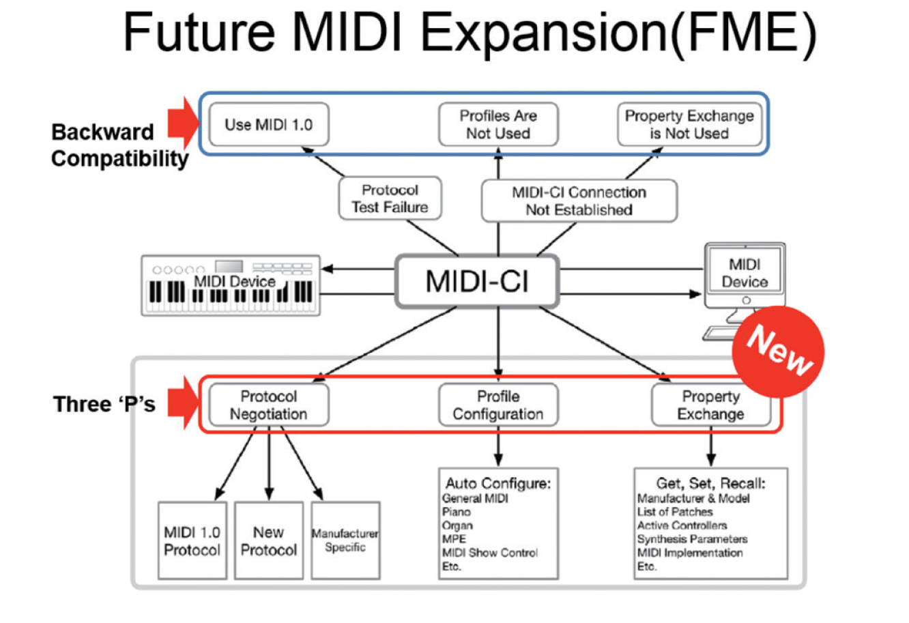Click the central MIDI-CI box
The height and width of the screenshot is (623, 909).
click(477, 281)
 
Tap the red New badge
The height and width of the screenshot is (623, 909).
click(779, 352)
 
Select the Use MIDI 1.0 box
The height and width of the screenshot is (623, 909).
click(269, 124)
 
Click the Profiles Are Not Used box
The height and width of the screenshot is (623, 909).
click(498, 124)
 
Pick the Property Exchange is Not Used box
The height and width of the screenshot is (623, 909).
click(689, 124)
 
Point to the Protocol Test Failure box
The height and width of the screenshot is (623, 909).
click(390, 198)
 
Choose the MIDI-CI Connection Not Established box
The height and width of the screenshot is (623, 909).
click(579, 201)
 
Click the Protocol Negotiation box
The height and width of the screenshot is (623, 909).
click(269, 405)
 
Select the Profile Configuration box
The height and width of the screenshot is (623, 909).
click(498, 405)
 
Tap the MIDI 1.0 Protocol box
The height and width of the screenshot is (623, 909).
click(192, 540)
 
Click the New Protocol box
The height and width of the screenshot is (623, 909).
click(269, 540)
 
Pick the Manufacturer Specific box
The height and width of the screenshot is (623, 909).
click(345, 540)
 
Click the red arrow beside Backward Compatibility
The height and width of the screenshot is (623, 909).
click(184, 124)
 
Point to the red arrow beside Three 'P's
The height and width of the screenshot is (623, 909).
click(184, 403)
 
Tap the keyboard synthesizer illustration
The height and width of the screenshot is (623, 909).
click(231, 285)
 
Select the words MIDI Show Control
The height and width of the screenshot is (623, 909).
click(490, 553)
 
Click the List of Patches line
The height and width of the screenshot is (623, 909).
click(675, 512)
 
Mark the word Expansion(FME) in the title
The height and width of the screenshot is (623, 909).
click(619, 33)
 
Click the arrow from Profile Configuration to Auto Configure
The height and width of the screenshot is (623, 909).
click(498, 446)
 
